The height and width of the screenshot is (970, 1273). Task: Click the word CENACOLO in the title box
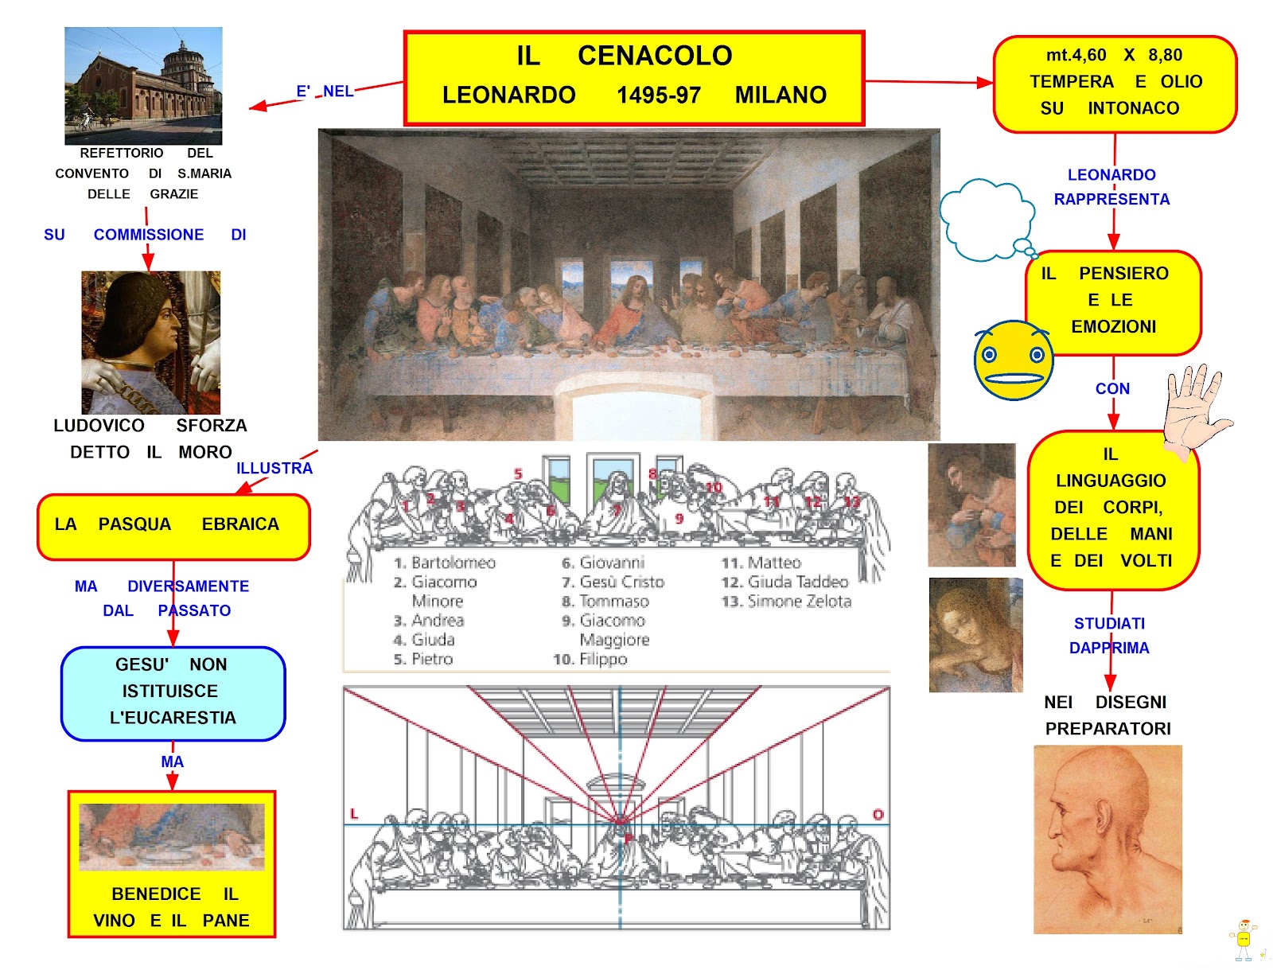(654, 56)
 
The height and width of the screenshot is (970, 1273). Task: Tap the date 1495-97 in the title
(658, 95)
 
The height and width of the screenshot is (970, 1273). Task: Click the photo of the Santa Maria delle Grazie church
(143, 86)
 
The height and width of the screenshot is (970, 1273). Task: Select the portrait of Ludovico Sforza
(150, 342)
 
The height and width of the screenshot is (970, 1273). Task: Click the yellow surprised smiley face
(1013, 360)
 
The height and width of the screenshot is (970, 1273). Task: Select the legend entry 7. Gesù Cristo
(613, 582)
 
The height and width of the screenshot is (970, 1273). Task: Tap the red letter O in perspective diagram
(878, 815)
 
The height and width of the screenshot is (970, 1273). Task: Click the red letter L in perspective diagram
(354, 814)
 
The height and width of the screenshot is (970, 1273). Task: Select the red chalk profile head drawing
(1107, 839)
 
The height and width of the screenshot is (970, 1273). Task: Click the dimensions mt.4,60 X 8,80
(1113, 56)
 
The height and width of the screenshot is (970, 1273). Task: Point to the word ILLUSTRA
(274, 469)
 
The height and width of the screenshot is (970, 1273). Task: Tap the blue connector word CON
(1111, 389)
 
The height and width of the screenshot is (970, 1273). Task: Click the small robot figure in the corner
(1244, 940)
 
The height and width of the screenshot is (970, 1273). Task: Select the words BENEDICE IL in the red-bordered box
(174, 894)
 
